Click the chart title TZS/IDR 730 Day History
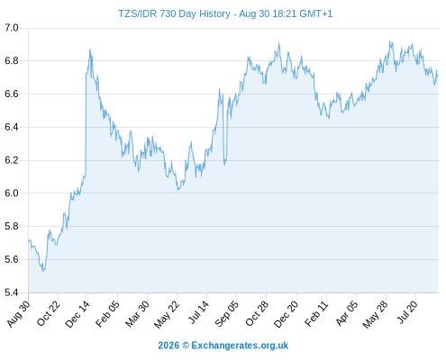point(174,13)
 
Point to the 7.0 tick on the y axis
point(12,28)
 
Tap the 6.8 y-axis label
point(12,61)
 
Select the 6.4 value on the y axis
point(12,127)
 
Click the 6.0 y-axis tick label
point(12,193)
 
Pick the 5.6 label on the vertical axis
point(12,259)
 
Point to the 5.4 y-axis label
point(12,292)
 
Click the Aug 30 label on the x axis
point(19,313)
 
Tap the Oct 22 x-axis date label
point(49,313)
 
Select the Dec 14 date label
point(77,314)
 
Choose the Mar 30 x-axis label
point(138,313)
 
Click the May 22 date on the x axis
point(167,314)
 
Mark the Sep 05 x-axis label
point(227,313)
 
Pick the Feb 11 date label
point(316,313)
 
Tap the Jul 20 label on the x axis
point(408,312)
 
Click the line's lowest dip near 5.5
point(43,271)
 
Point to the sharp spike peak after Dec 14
point(90,49)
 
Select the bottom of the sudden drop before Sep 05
point(224,165)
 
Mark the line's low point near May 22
point(178,190)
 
